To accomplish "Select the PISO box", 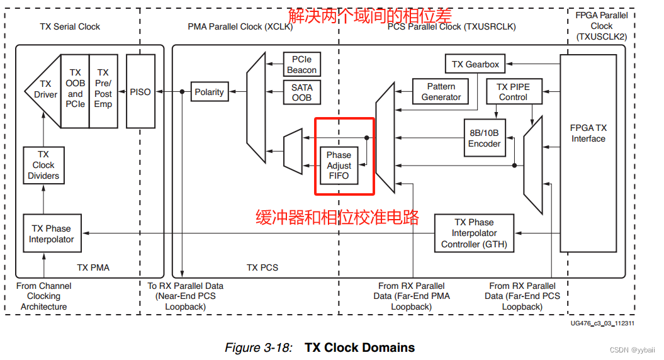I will [x=140, y=92].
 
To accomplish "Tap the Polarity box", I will [x=209, y=92].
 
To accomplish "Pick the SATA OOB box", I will [x=301, y=93].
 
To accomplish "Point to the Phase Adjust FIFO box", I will [x=339, y=166].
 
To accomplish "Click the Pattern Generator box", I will [x=441, y=92].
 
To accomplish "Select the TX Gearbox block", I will [x=475, y=64].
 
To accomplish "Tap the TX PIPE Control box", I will [x=513, y=92].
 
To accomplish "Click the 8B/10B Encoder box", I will [x=484, y=138].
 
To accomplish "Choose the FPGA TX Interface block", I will [x=588, y=133].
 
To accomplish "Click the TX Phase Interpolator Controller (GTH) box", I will [x=475, y=233].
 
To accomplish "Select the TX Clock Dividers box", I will [x=43, y=165].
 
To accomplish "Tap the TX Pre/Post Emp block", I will [x=103, y=89].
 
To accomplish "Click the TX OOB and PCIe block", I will [x=75, y=89].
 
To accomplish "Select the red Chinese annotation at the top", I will [x=369, y=14].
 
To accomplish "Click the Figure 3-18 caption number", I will [x=258, y=347].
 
